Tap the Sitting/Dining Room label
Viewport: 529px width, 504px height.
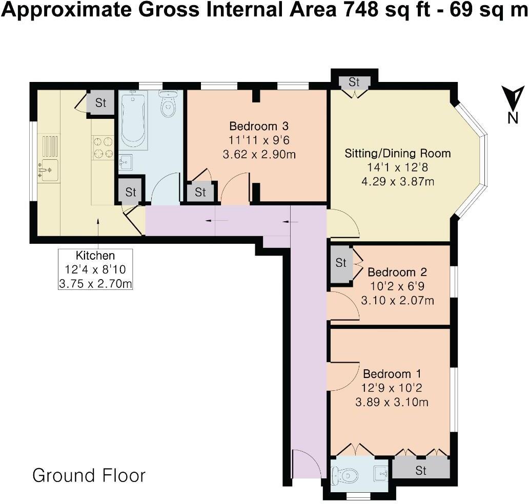point(390,153)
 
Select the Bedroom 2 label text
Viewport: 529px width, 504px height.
point(397,272)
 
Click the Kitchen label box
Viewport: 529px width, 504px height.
point(95,269)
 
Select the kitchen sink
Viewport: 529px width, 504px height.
point(49,170)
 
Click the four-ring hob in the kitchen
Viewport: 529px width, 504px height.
point(103,146)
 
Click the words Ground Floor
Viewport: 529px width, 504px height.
point(89,475)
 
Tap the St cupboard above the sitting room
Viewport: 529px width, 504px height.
point(354,82)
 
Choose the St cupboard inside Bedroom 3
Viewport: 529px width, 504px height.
point(200,192)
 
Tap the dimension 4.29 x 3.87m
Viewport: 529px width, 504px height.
point(390,181)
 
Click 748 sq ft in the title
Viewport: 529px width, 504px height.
point(367,11)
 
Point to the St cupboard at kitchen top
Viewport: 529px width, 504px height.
point(100,103)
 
